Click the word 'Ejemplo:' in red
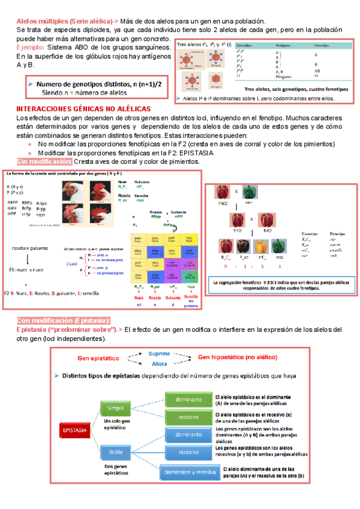click(x=35, y=46)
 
